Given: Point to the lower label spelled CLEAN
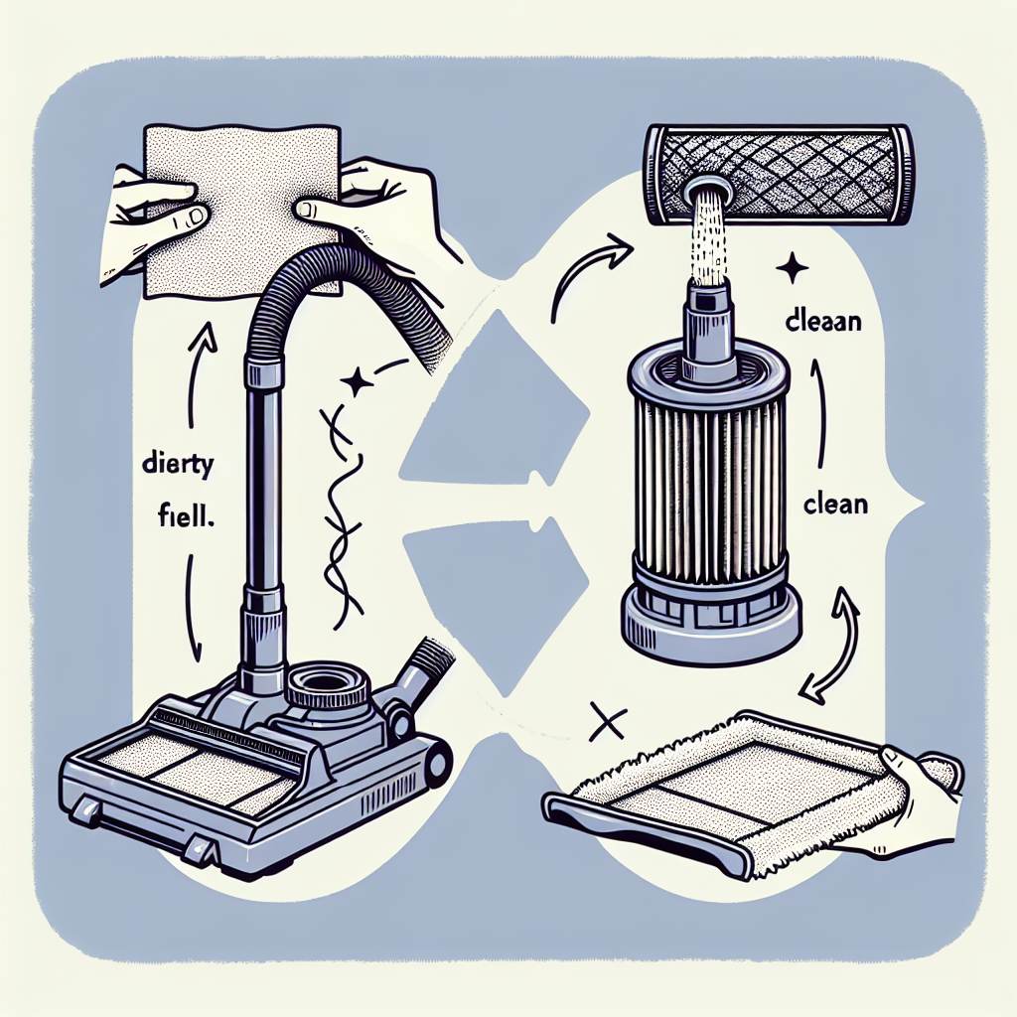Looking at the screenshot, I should click(834, 504).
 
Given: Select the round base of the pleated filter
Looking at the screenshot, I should click(711, 621).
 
